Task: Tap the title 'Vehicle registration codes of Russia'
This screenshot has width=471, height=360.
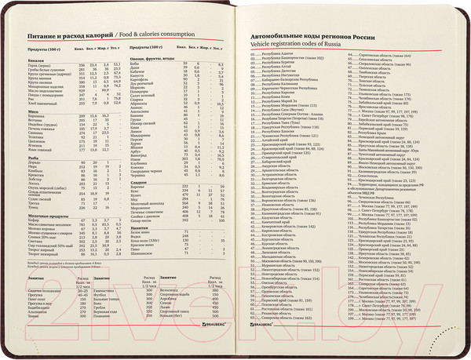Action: [292, 45]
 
